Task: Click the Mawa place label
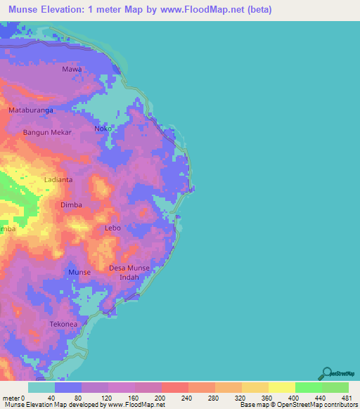(x=72, y=70)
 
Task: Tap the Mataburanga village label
(x=32, y=110)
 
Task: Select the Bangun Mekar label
(x=47, y=132)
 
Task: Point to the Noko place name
(x=103, y=129)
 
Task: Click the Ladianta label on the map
(x=59, y=180)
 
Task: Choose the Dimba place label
(x=72, y=204)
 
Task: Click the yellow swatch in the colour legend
(x=281, y=387)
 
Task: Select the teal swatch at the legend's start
(x=41, y=387)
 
